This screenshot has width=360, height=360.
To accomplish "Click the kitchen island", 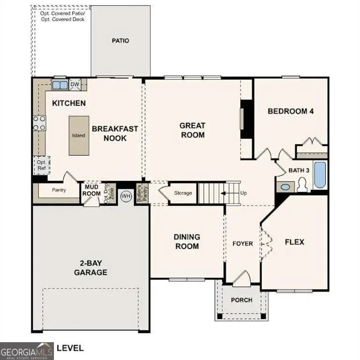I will click(x=78, y=135).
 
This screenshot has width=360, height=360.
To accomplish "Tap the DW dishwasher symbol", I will click(x=75, y=84).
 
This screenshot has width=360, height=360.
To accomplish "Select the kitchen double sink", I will click(x=59, y=85).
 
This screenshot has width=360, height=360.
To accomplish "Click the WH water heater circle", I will click(x=126, y=195).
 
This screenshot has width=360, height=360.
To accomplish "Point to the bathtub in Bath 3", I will click(x=320, y=175).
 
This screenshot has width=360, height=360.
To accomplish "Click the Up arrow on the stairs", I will click(x=230, y=193).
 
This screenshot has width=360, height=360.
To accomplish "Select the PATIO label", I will click(x=120, y=41).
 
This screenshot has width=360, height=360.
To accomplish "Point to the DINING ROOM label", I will click(x=187, y=241).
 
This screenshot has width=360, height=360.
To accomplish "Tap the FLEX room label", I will click(x=294, y=242).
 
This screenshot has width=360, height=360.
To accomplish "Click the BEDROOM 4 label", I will click(x=290, y=111).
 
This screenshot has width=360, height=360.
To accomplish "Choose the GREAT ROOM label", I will click(x=193, y=130).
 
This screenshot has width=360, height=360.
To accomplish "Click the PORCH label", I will click(x=242, y=300).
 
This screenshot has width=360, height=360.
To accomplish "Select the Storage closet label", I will click(x=183, y=193).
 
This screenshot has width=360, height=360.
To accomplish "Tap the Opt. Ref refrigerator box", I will click(x=41, y=165).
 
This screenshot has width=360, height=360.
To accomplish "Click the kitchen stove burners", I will click(x=39, y=123).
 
